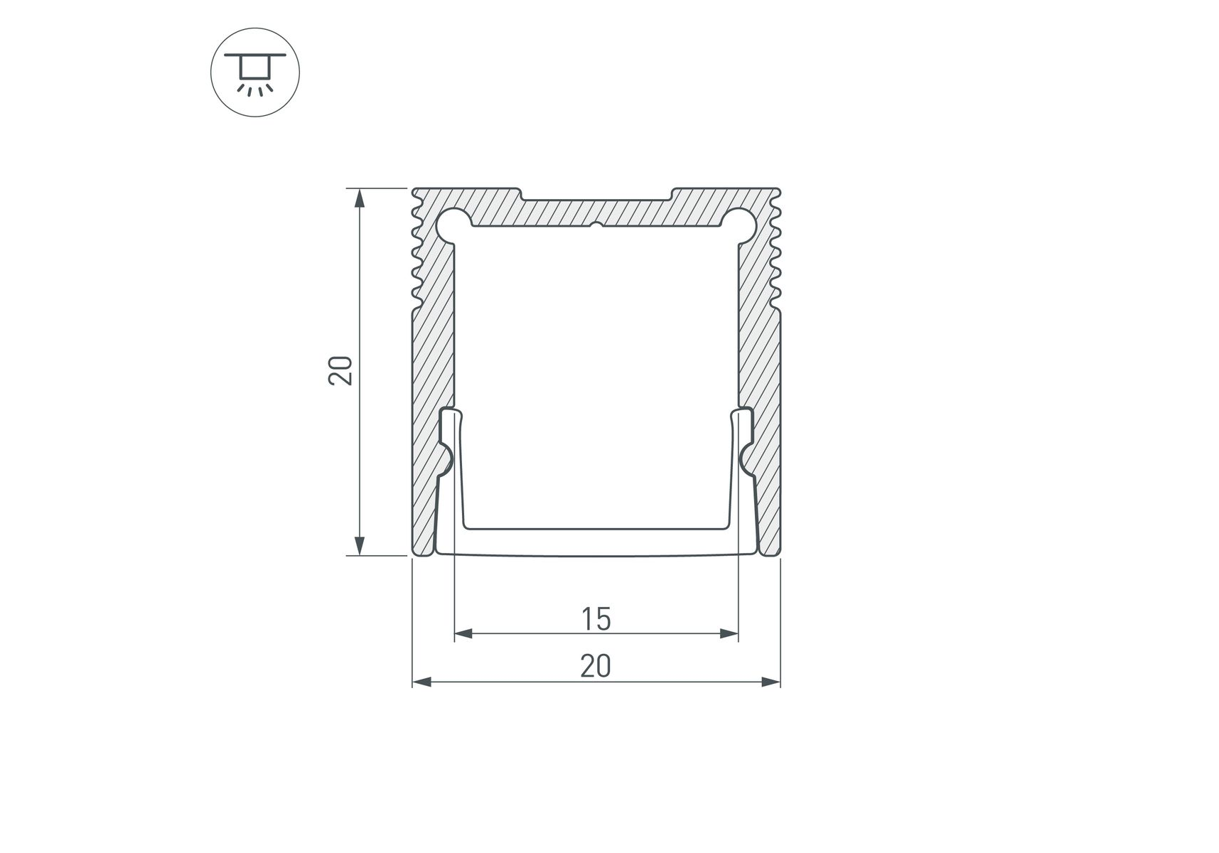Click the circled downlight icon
(x=255, y=72)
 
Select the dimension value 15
(x=596, y=619)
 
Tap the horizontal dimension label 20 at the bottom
(x=596, y=666)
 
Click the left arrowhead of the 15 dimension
(x=463, y=633)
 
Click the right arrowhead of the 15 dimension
(x=729, y=633)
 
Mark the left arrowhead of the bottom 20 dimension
(x=422, y=682)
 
